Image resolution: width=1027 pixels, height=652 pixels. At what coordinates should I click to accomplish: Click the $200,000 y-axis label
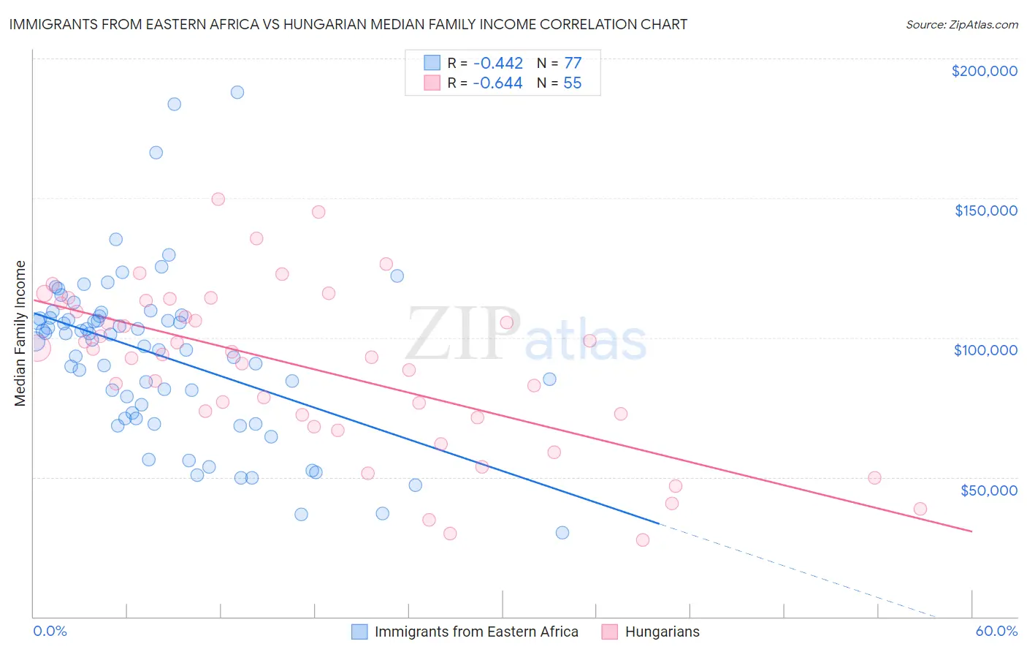(x=984, y=71)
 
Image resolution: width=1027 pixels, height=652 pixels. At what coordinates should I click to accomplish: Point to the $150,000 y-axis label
(x=985, y=211)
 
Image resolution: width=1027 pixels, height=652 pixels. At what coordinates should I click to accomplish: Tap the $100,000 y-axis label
(x=985, y=350)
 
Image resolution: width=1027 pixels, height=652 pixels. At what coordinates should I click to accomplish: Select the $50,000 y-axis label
(x=988, y=490)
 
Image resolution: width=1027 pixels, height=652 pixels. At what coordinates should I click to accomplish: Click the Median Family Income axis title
(x=20, y=333)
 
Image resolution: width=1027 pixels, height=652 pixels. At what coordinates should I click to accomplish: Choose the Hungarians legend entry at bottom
(x=662, y=632)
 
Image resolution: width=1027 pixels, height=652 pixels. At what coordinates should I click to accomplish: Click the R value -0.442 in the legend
(x=497, y=64)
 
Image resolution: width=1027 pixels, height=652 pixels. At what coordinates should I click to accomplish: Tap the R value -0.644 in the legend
(x=497, y=83)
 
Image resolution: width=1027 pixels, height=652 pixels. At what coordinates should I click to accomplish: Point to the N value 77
(x=573, y=64)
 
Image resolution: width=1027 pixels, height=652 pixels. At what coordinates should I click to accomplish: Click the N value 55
(x=573, y=83)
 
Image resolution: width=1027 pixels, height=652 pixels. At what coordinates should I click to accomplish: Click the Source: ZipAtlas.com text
(x=961, y=25)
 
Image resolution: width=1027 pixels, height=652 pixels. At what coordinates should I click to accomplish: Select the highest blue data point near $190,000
(x=237, y=92)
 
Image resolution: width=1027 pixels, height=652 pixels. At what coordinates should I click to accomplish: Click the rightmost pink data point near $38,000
(x=920, y=509)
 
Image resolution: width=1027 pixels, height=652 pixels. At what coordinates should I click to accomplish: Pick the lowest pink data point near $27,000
(x=643, y=540)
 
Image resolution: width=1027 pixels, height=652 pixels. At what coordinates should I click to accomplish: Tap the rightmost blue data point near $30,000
(x=562, y=533)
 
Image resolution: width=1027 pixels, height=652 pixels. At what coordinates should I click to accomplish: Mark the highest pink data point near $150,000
(x=218, y=199)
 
